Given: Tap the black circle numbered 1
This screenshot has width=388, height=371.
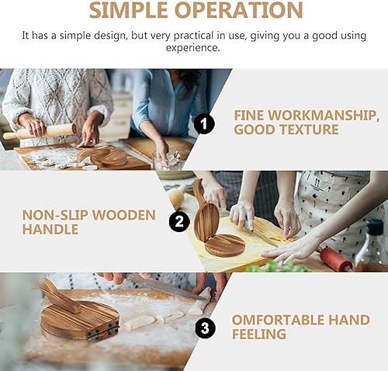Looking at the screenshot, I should [204, 123].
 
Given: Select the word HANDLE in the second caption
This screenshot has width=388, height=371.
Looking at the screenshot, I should [50, 230].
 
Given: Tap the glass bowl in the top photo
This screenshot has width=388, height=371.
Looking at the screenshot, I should [169, 162].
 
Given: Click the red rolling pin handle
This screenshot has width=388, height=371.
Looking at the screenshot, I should [336, 259].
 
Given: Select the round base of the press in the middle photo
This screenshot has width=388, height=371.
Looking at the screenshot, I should [225, 245].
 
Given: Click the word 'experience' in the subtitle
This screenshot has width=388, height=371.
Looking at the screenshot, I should [193, 47].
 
